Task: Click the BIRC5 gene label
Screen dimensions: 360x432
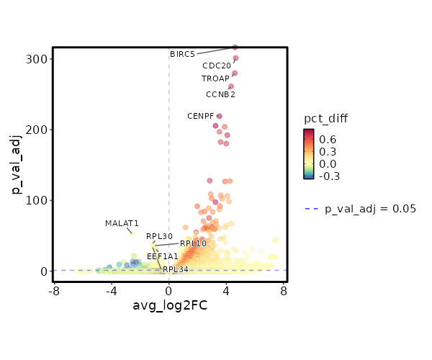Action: tap(182, 54)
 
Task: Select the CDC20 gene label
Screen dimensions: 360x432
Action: tap(217, 66)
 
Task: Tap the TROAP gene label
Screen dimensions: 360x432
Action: tap(215, 78)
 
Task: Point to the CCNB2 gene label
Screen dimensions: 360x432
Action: tap(220, 94)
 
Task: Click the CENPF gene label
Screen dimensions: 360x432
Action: tap(201, 116)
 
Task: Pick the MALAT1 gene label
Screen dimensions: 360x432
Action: tap(122, 223)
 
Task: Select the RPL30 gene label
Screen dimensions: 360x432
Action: tap(159, 236)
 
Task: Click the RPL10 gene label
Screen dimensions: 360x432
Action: tap(193, 243)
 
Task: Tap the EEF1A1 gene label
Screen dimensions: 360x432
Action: tap(162, 256)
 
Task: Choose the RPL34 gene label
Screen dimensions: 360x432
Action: tap(175, 269)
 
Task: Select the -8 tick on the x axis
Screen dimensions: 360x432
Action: tap(54, 291)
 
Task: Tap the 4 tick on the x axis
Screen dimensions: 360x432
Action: tap(226, 291)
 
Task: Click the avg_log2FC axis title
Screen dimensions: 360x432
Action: tap(170, 306)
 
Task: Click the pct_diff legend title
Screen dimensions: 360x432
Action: tap(327, 118)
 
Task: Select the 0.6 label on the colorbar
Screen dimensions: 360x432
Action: tap(328, 139)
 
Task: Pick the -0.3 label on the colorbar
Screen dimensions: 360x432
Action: tap(329, 176)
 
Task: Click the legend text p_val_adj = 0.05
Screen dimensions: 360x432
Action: tap(370, 209)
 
